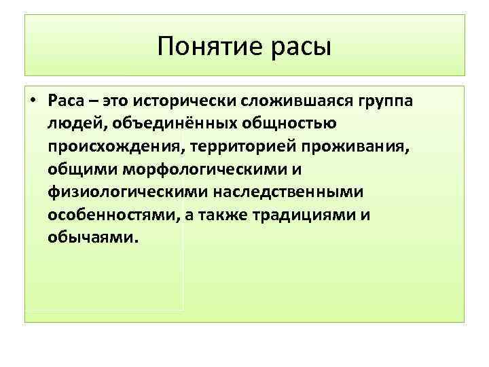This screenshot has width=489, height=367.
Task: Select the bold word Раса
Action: click(65, 101)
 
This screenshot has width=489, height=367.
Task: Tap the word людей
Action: click(73, 124)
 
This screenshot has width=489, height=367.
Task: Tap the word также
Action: click(223, 216)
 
